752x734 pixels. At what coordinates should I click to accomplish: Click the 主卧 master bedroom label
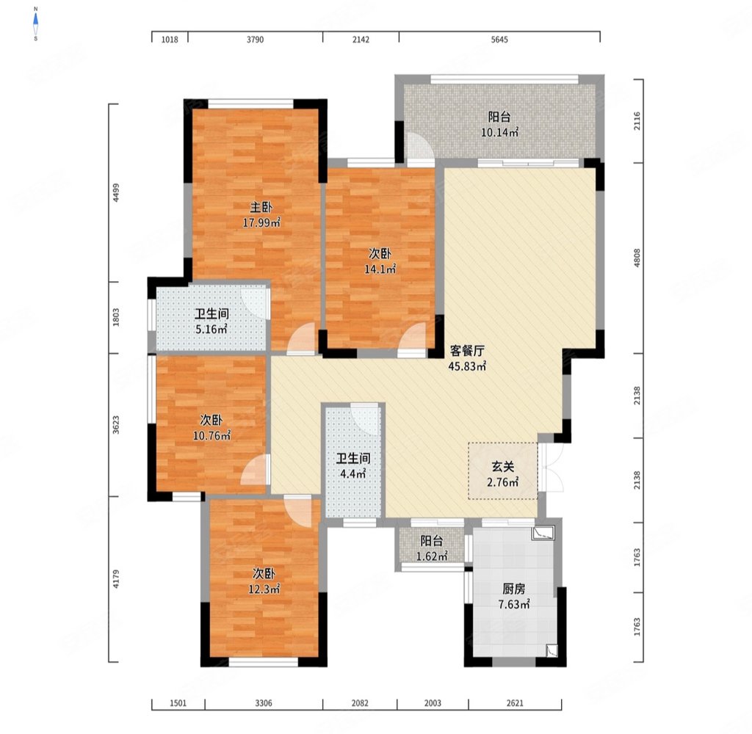coord(261,207)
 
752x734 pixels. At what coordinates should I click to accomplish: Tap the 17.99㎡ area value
coord(261,222)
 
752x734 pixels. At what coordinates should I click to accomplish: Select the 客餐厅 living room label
coord(467,351)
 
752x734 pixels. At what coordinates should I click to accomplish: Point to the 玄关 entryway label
coord(502,467)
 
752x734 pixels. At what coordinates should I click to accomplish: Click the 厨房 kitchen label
coord(513,589)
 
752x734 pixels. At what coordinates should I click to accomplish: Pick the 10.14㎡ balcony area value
coord(499,132)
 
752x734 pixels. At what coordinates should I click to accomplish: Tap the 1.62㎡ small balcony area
coord(432,556)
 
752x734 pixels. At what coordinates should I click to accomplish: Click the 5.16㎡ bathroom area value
coord(211,330)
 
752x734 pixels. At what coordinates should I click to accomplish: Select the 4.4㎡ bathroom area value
coord(353,474)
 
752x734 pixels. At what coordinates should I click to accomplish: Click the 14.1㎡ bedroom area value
coord(380,269)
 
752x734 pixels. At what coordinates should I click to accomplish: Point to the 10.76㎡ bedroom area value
coord(211,436)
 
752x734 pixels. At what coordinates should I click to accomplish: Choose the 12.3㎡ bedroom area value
coord(264,589)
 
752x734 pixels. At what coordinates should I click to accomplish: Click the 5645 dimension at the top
coord(499,40)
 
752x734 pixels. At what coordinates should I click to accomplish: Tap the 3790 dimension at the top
coord(255,40)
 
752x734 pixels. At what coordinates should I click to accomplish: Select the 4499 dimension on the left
coord(116,193)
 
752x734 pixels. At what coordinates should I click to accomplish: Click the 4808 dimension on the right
coord(637,258)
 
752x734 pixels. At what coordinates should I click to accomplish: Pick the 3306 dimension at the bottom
coord(264,703)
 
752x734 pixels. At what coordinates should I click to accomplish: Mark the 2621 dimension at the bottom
coord(515,703)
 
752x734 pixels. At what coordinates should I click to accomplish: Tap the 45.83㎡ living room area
coord(468,366)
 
